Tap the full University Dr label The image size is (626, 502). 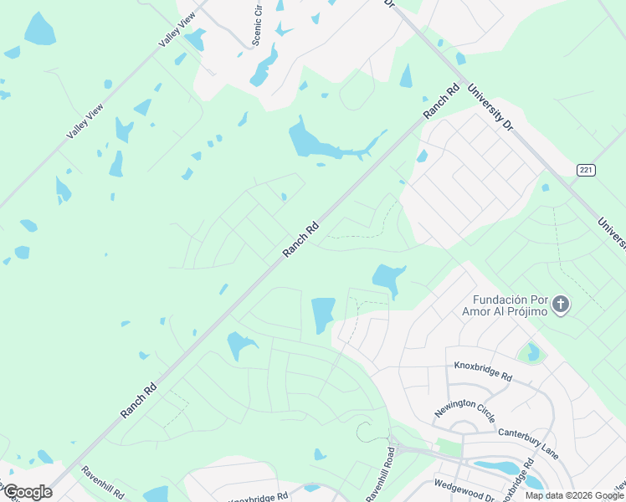click(490, 106)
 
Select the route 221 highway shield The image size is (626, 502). click(586, 170)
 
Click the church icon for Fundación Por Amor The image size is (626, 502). click(561, 305)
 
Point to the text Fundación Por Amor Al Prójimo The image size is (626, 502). click(510, 305)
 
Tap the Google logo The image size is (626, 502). click(27, 492)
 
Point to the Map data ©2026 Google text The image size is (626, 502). click(574, 495)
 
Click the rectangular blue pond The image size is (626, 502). click(323, 315)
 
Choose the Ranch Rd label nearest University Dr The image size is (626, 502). click(441, 100)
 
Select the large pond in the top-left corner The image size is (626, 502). click(39, 29)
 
